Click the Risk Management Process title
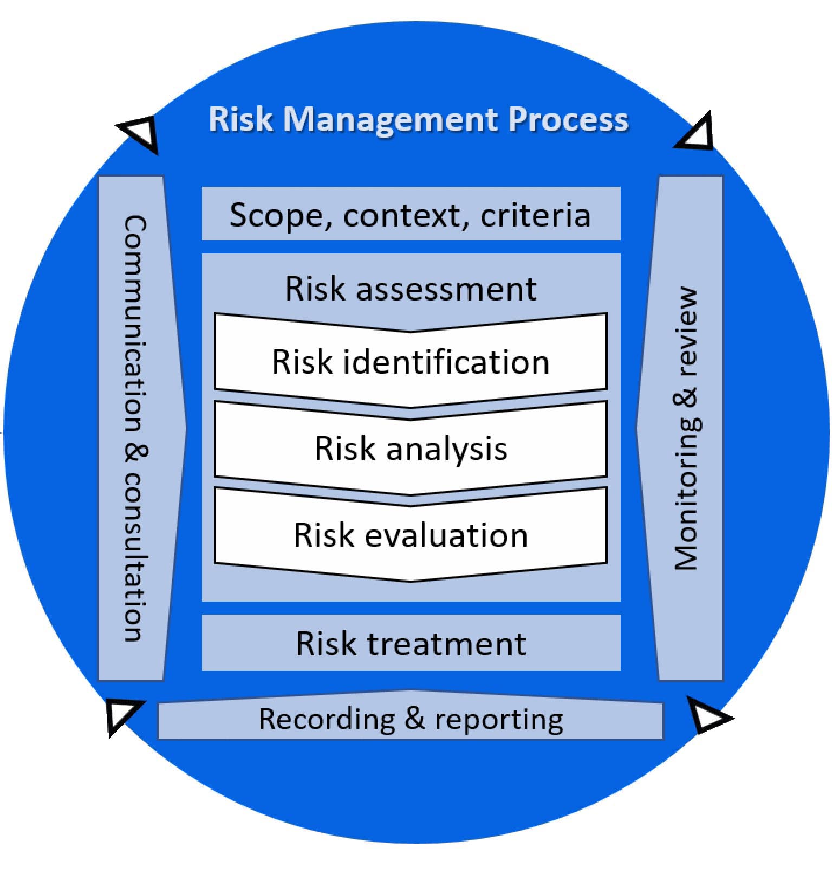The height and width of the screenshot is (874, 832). (x=418, y=120)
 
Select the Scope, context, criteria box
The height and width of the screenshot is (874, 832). (x=411, y=214)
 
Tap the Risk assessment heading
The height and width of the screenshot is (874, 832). (x=411, y=288)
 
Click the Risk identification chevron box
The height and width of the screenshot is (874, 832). (x=411, y=361)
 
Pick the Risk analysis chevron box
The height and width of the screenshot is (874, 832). (x=411, y=448)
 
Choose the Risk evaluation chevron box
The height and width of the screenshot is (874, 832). (x=411, y=535)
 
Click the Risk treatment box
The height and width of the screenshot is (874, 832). (x=411, y=643)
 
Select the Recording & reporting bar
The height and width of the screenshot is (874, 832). (x=411, y=719)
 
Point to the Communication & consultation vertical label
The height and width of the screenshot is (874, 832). (x=134, y=428)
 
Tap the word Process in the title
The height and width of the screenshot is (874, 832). (x=568, y=120)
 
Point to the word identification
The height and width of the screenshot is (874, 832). (x=446, y=361)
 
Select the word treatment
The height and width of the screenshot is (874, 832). (x=446, y=643)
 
